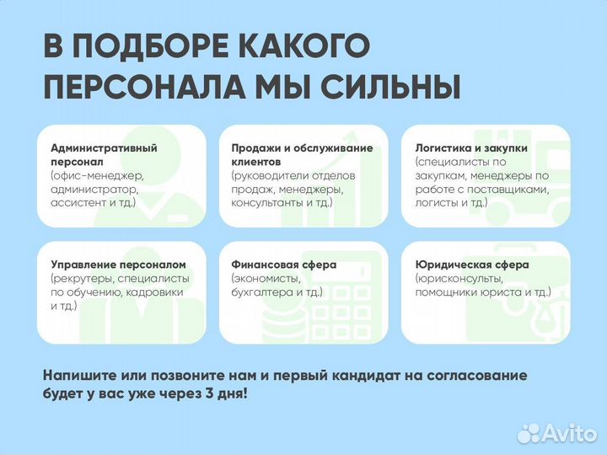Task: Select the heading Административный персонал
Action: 104,154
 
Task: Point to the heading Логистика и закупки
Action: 471,147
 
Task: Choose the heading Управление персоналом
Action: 117,265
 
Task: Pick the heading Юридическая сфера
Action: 472,265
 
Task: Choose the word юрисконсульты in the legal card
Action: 460,278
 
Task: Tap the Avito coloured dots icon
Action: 529,433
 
